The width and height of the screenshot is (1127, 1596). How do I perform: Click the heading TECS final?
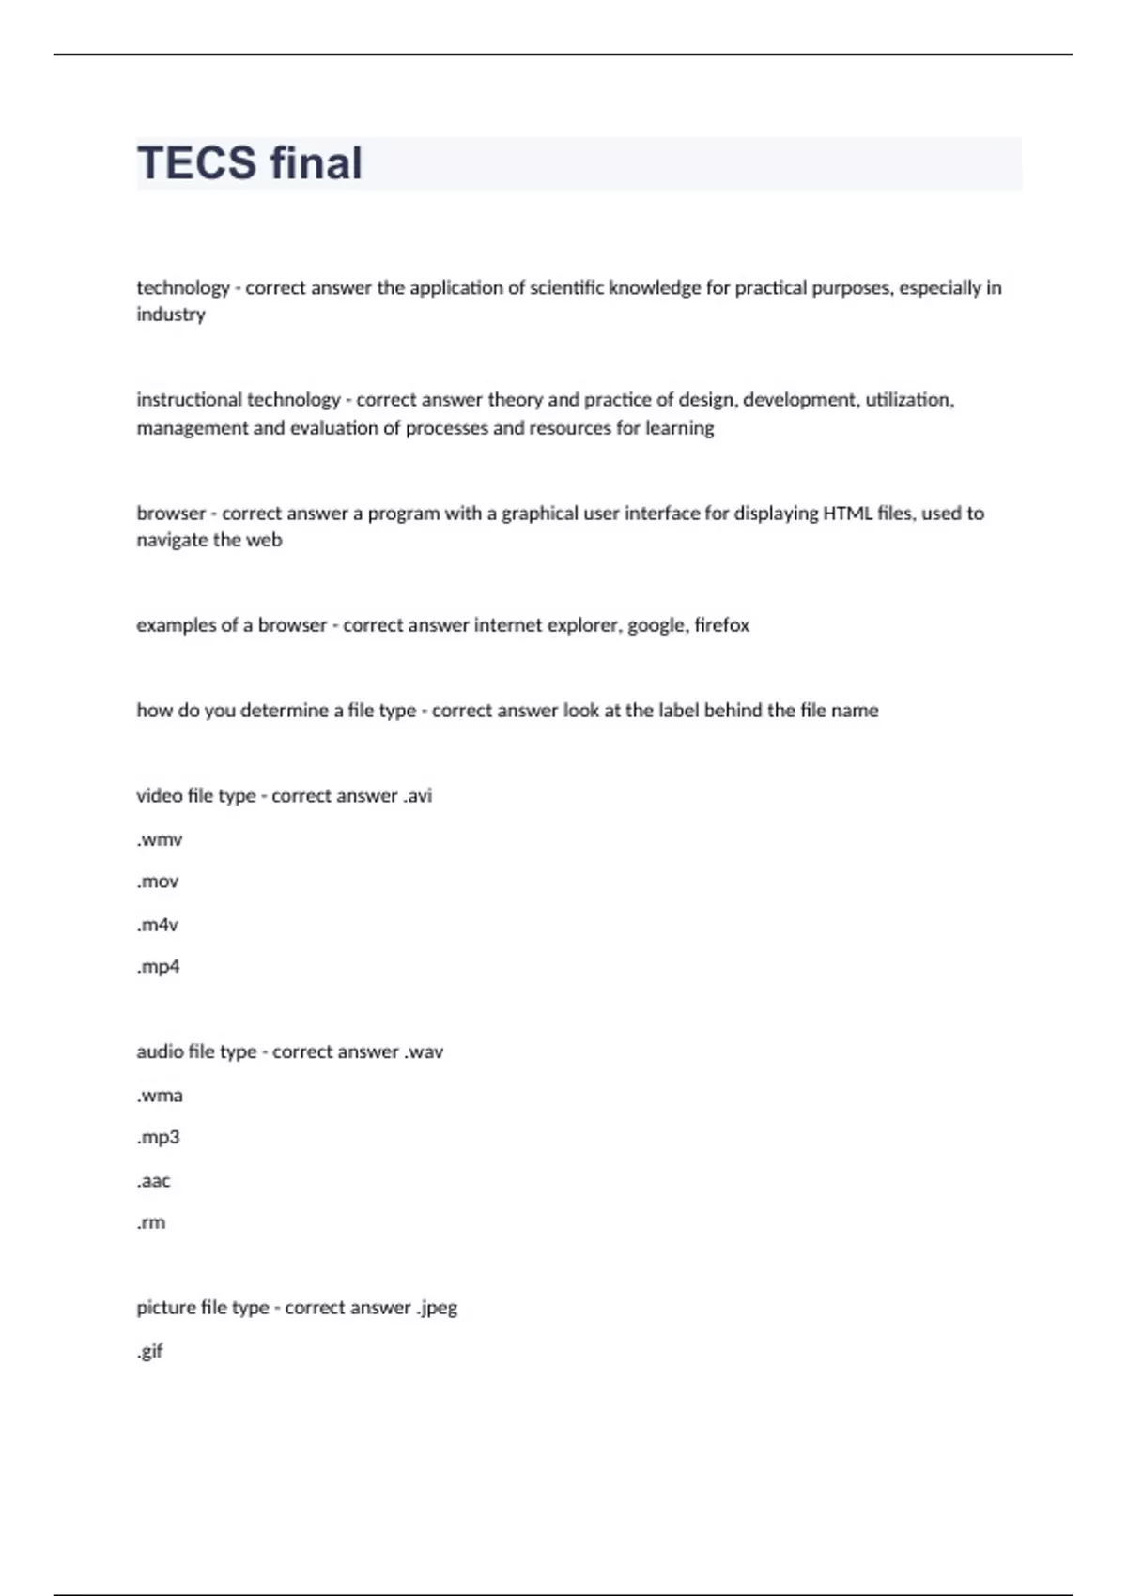click(250, 163)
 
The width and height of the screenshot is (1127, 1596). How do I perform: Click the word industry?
click(171, 315)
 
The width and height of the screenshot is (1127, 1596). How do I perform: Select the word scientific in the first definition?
click(566, 288)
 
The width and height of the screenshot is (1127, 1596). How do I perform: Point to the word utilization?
click(908, 400)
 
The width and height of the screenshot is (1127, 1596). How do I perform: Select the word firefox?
click(721, 625)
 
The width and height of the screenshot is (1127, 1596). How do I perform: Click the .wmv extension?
click(160, 839)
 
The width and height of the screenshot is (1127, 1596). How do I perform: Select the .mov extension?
click(158, 882)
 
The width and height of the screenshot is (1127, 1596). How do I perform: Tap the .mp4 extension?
click(158, 967)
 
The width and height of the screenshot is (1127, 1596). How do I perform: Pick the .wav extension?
click(424, 1052)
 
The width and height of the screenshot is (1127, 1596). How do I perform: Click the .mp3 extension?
click(158, 1138)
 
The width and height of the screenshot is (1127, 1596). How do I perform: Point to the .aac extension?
click(154, 1181)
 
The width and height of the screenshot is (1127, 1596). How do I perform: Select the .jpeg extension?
click(437, 1308)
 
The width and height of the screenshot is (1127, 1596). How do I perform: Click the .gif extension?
click(150, 1351)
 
